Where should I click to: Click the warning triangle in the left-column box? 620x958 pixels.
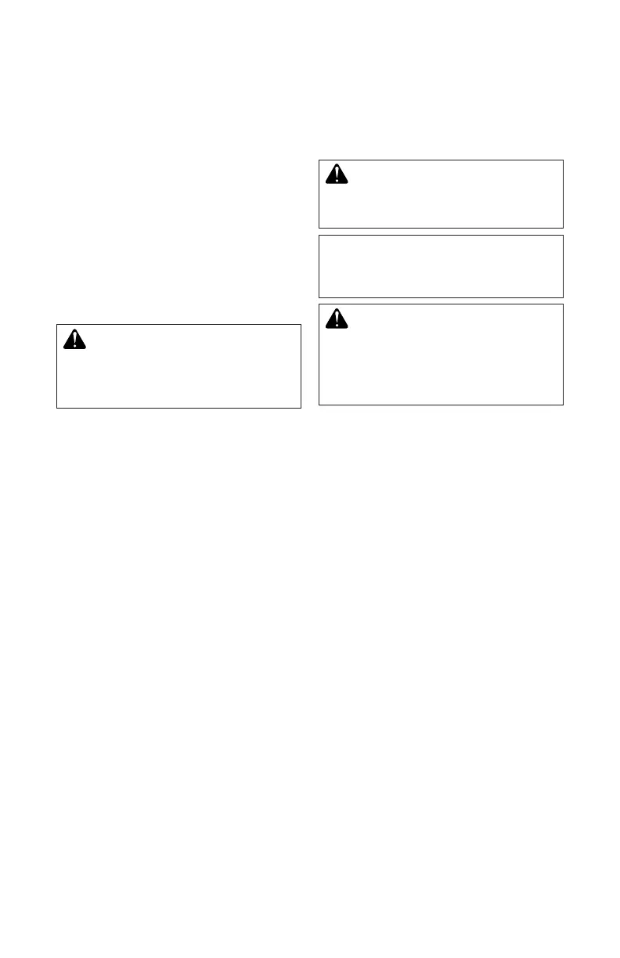pyautogui.click(x=74, y=339)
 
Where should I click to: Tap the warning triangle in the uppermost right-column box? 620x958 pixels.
pyautogui.click(x=336, y=174)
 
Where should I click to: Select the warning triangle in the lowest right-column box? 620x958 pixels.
pyautogui.click(x=336, y=318)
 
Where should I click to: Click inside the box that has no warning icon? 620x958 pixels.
pyautogui.click(x=441, y=266)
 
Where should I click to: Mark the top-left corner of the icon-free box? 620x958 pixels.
pyautogui.click(x=319, y=235)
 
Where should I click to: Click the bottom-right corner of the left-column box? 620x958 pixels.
pyautogui.click(x=301, y=408)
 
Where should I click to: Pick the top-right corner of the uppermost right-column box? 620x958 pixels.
pyautogui.click(x=564, y=160)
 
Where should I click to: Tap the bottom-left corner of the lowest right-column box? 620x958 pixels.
pyautogui.click(x=319, y=405)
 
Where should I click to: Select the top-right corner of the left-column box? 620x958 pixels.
pyautogui.click(x=301, y=325)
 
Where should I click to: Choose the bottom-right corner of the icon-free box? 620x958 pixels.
pyautogui.click(x=564, y=297)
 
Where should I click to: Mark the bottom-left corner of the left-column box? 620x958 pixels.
pyautogui.click(x=56, y=408)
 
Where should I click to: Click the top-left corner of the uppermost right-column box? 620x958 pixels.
pyautogui.click(x=319, y=160)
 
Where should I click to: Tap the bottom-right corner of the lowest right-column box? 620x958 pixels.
pyautogui.click(x=564, y=405)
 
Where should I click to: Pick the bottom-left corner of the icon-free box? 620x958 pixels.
pyautogui.click(x=319, y=297)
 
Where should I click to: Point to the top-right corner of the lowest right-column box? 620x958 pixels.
pyautogui.click(x=564, y=304)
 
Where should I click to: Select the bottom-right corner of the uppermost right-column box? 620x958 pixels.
pyautogui.click(x=564, y=228)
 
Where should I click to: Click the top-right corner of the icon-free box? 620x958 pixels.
pyautogui.click(x=564, y=235)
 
